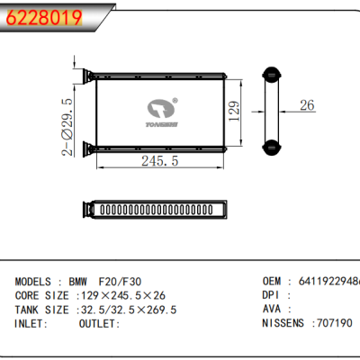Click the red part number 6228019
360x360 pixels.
(x=45, y=16)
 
